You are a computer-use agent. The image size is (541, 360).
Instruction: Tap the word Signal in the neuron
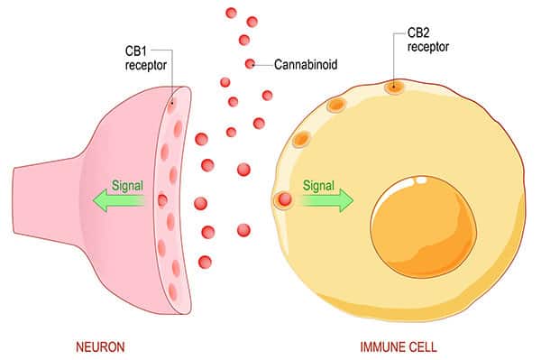127,186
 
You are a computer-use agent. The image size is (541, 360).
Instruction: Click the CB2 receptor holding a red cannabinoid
284,200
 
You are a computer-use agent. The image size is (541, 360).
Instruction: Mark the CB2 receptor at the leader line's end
394,88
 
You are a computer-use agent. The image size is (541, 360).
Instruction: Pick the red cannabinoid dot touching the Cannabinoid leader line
250,63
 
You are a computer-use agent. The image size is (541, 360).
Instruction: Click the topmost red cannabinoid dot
232,13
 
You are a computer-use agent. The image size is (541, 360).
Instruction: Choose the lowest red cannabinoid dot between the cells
205,262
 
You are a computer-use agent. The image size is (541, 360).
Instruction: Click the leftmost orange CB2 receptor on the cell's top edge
302,139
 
